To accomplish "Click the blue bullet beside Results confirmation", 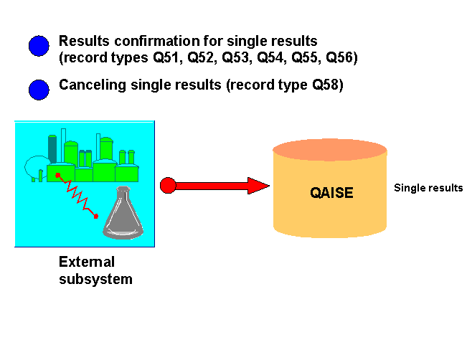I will click(39, 46).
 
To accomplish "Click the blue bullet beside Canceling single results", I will click(39, 90).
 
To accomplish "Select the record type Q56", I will click(342, 57).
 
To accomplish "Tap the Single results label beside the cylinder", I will click(428, 188).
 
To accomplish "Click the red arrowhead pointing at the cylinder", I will click(259, 186).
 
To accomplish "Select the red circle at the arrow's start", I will click(168, 186).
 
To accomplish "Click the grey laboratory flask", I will click(123, 217).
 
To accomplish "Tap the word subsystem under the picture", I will click(95, 279).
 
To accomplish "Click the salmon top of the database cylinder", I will click(330, 150).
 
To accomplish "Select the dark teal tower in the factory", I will click(52, 148).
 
